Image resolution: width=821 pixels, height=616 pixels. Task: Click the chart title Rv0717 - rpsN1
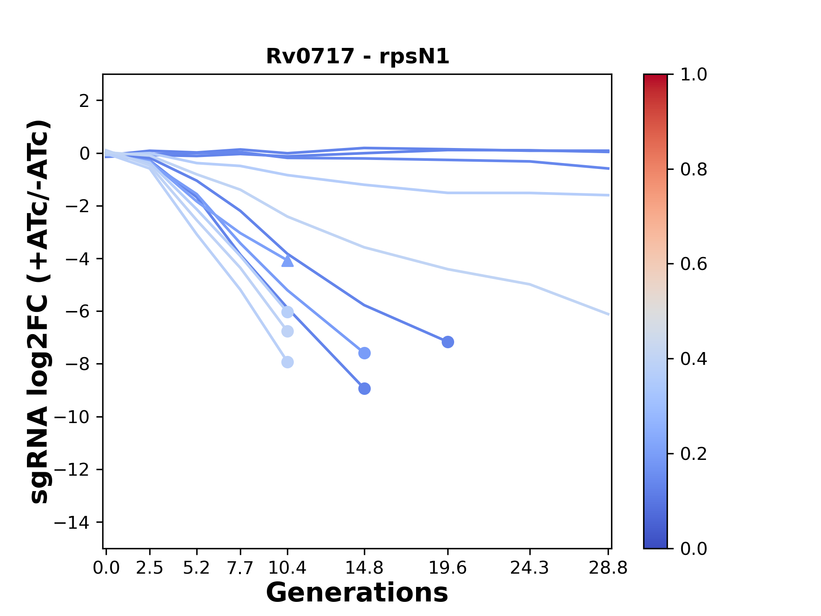[357, 56]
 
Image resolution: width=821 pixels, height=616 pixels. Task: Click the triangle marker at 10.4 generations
[287, 261]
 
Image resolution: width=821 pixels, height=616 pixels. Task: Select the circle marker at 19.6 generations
[448, 342]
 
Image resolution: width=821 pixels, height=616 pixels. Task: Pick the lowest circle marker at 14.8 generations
[364, 388]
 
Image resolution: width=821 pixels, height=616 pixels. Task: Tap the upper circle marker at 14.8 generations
[364, 353]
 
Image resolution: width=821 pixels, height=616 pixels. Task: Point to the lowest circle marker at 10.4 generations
[287, 362]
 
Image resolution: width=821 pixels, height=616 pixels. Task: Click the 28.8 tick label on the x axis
[608, 568]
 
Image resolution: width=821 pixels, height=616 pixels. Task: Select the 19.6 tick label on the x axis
[448, 568]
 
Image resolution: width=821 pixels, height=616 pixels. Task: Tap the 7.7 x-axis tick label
[240, 568]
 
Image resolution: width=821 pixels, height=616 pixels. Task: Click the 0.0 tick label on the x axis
[106, 568]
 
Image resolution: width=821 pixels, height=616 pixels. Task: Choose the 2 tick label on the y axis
[85, 101]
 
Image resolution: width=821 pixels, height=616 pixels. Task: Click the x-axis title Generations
[357, 593]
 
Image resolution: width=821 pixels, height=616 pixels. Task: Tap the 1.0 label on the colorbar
[694, 75]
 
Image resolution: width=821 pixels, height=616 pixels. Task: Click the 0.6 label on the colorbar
[694, 264]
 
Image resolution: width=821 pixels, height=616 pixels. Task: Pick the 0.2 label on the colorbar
[694, 454]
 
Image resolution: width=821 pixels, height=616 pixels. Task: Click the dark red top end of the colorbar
[655, 78]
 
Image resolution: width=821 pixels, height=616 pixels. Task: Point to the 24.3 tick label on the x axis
[530, 568]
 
